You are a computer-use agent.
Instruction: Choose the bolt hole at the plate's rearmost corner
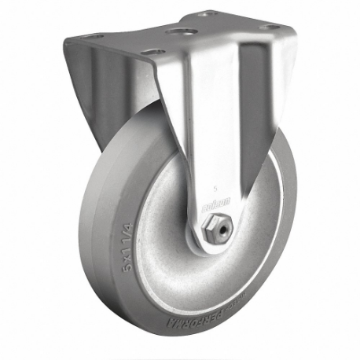(206, 13)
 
